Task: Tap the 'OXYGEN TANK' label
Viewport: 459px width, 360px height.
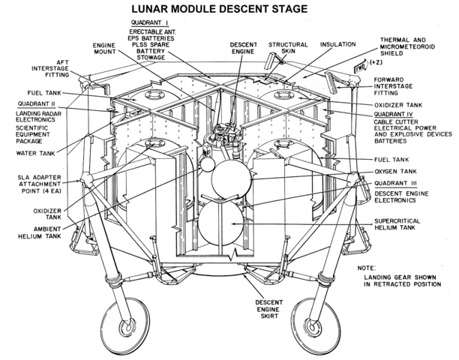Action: pos(394,172)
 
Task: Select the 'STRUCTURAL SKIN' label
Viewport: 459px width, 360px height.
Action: pos(288,49)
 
